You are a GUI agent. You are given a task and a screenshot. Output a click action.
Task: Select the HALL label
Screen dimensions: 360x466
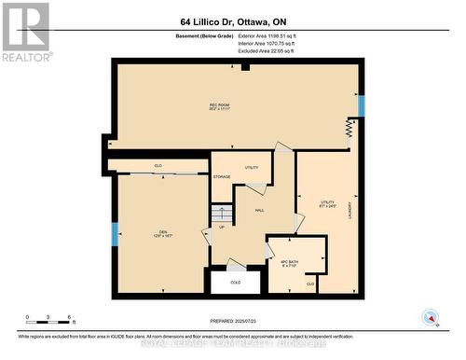[x=260, y=210]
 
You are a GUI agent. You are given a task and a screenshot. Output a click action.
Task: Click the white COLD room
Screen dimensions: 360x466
[x=235, y=281]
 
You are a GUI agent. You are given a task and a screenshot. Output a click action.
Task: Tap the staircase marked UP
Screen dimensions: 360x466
[x=222, y=217]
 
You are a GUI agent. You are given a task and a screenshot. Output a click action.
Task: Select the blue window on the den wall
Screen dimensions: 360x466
[x=115, y=234]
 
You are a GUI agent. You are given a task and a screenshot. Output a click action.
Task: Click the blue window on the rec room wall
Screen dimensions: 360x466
[x=362, y=105]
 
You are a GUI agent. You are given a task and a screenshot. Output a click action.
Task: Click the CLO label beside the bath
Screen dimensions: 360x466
[x=310, y=283]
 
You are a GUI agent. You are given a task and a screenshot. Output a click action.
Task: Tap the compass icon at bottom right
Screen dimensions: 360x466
[x=430, y=318]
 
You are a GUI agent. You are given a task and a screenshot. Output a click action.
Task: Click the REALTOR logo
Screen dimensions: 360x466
[x=25, y=30]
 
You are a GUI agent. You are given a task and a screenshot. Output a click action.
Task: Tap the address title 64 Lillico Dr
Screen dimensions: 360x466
[x=232, y=21]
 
